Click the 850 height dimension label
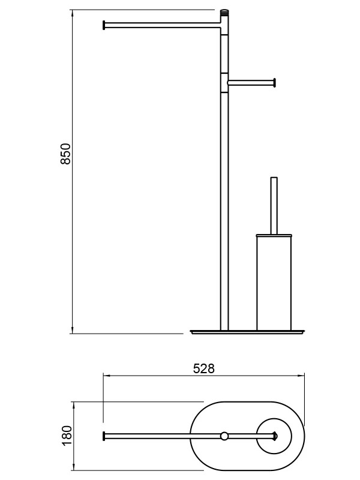coord(66,154)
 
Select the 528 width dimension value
coord(204,368)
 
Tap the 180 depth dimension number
coord(67,436)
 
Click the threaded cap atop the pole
coord(224,13)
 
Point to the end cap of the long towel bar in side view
coord(104,25)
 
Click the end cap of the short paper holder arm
coord(275,83)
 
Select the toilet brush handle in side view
coord(274,206)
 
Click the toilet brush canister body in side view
coord(274,283)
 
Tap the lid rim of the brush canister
coord(274,235)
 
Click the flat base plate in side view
coord(247,332)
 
